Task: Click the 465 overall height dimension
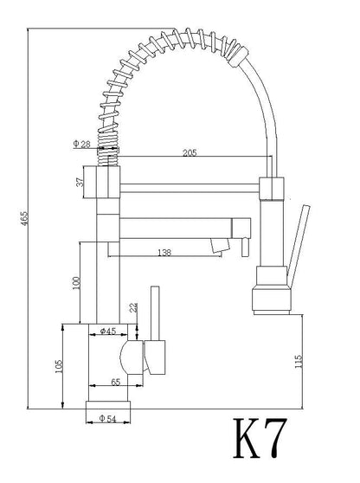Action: [x=24, y=218]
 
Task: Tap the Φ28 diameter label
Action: [x=82, y=144]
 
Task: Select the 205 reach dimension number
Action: [x=190, y=153]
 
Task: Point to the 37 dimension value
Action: [x=80, y=182]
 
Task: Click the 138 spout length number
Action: [x=164, y=253]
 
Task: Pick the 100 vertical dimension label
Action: [x=76, y=283]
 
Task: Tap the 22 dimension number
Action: [x=133, y=307]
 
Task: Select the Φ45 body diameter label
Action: [x=108, y=332]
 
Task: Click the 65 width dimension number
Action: [x=115, y=383]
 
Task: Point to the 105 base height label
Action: [x=59, y=366]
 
